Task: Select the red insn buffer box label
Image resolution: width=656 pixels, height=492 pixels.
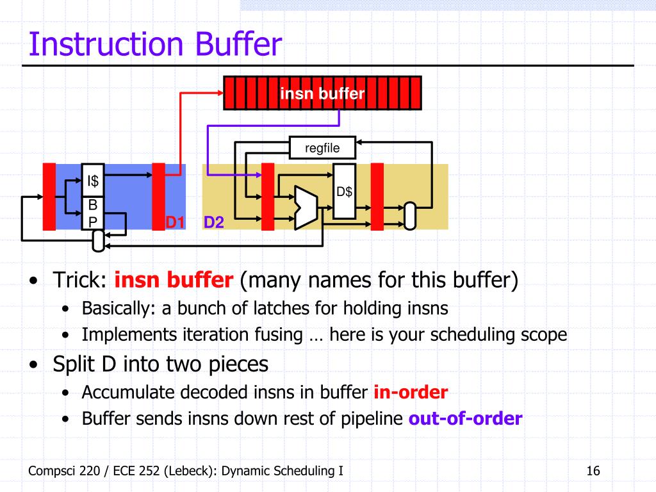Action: (x=322, y=94)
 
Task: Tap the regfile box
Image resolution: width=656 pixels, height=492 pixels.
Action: (x=322, y=149)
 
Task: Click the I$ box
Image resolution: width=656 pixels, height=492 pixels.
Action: (x=93, y=181)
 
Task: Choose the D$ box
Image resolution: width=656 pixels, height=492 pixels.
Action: (x=345, y=192)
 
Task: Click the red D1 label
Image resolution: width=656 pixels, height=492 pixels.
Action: (x=175, y=223)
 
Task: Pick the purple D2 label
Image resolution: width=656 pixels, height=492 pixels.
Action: (x=214, y=223)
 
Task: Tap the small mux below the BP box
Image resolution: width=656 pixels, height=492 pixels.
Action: (x=98, y=240)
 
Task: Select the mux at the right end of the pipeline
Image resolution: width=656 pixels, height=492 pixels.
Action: (x=410, y=216)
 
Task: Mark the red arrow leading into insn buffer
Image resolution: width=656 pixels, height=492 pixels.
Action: (x=180, y=128)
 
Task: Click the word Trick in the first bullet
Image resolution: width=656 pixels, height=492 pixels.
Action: (x=78, y=281)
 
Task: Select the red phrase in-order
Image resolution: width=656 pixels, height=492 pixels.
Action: (x=411, y=392)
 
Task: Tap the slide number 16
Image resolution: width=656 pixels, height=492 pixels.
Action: (x=593, y=471)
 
